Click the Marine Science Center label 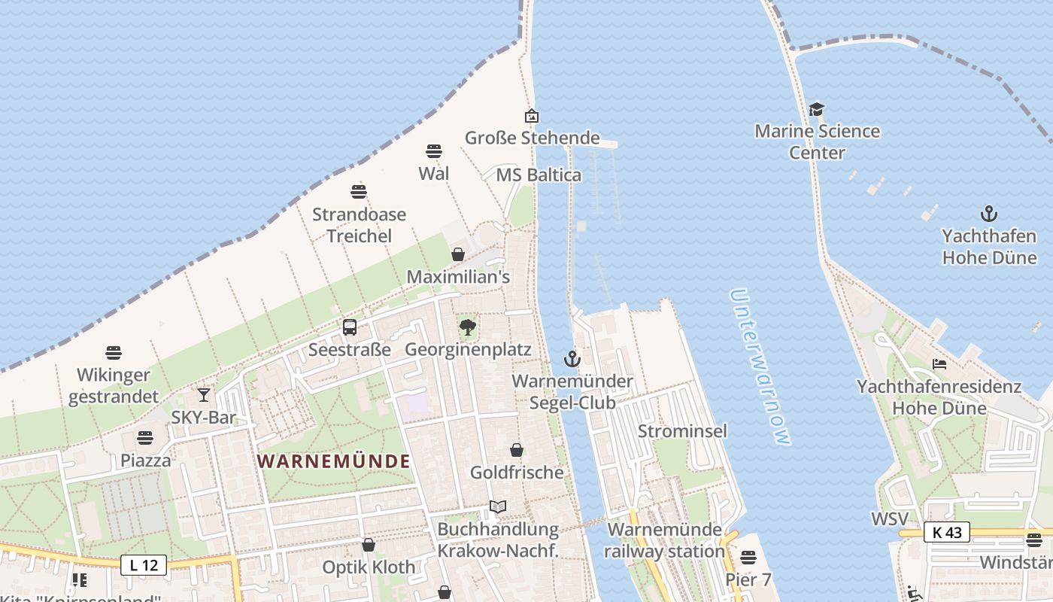coord(817,141)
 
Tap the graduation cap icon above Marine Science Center coord(817,110)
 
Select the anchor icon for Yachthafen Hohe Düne coord(989,214)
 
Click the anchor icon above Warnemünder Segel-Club coord(572,359)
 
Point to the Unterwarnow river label coord(760,367)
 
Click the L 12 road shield coord(144,564)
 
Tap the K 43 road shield coord(946,532)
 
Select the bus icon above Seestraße coord(350,327)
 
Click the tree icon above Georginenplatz coord(468,327)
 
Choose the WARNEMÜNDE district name coord(334,461)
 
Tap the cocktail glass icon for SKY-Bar coord(203,394)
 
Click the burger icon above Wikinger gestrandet coord(114,352)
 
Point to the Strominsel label coord(682,431)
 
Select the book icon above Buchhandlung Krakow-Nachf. coord(497,506)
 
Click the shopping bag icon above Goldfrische coord(517,450)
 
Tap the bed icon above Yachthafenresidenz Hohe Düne coord(939,364)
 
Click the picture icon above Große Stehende coord(532,116)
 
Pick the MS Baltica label coord(539,175)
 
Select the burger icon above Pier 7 coord(748,558)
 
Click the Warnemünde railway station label coord(664,540)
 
